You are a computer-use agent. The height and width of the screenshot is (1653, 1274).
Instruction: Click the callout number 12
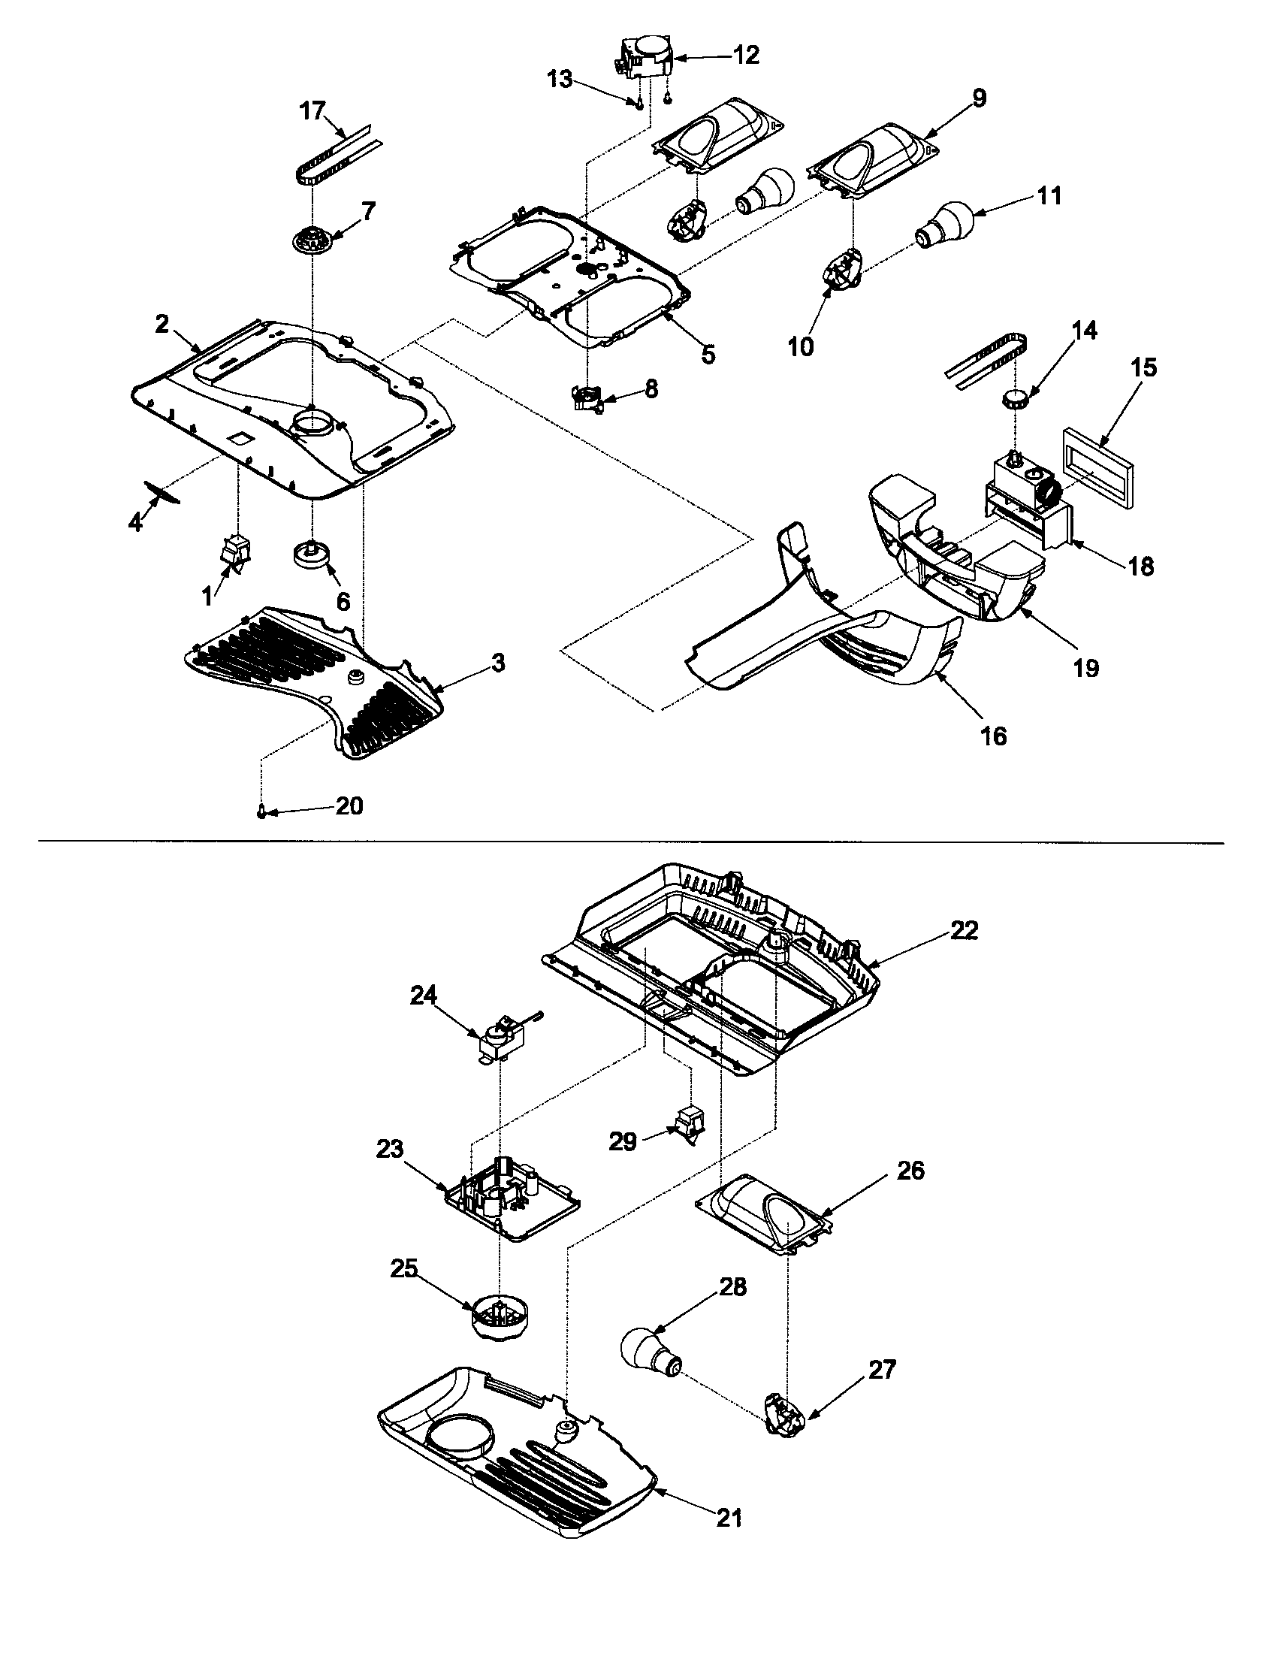pyautogui.click(x=746, y=55)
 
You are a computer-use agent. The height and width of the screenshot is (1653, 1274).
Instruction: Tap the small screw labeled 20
pyautogui.click(x=261, y=812)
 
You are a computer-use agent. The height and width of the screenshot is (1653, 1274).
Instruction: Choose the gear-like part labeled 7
pyautogui.click(x=312, y=242)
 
